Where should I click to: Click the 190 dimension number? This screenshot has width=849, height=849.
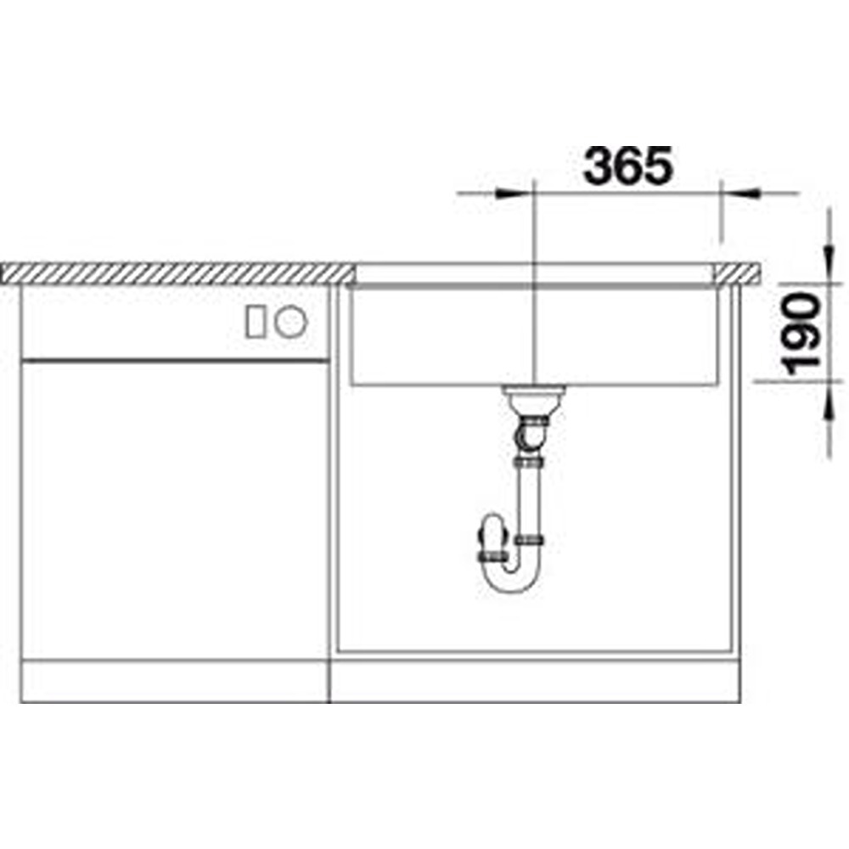[802, 334]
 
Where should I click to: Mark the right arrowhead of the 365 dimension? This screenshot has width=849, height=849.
[740, 193]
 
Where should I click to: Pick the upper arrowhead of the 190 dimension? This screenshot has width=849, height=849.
[829, 264]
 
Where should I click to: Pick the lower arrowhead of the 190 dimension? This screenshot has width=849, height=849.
[829, 401]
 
